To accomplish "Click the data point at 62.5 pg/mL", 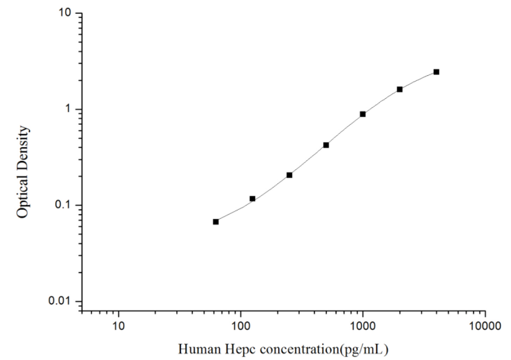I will [215, 222].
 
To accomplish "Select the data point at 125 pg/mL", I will [252, 198].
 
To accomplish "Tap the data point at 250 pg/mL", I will [289, 175].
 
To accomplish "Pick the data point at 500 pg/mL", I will [326, 145].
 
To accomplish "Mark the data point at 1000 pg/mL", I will [363, 114].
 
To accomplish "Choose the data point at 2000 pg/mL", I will [399, 89].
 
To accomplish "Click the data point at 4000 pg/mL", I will [436, 72].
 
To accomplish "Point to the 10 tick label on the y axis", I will [67, 13].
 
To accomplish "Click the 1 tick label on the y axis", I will [70, 109].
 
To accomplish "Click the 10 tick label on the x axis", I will [119, 327].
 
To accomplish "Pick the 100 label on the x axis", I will [241, 327].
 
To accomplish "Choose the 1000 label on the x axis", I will [363, 327].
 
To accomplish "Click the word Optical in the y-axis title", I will [23, 195].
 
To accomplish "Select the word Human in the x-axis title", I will [195, 349].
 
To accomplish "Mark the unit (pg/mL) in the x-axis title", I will [364, 349].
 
